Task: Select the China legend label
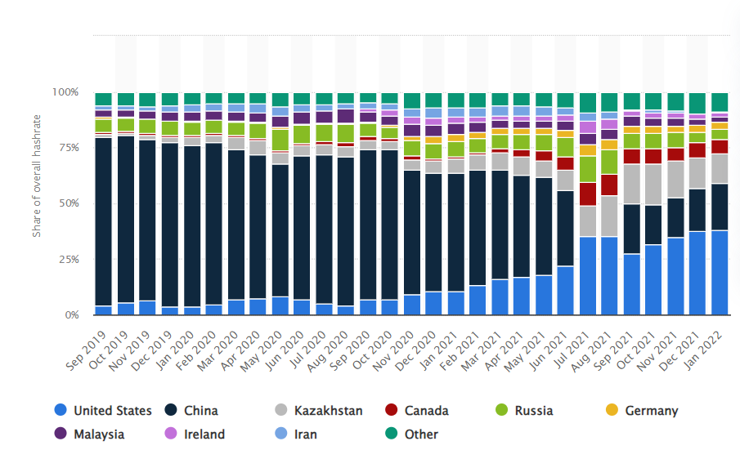(x=200, y=411)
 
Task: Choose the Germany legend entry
(x=651, y=411)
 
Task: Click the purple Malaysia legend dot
(x=60, y=434)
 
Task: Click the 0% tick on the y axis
(x=71, y=315)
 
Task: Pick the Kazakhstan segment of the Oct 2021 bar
(x=653, y=185)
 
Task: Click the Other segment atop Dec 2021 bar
(x=697, y=103)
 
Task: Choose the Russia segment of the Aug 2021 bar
(x=609, y=162)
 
